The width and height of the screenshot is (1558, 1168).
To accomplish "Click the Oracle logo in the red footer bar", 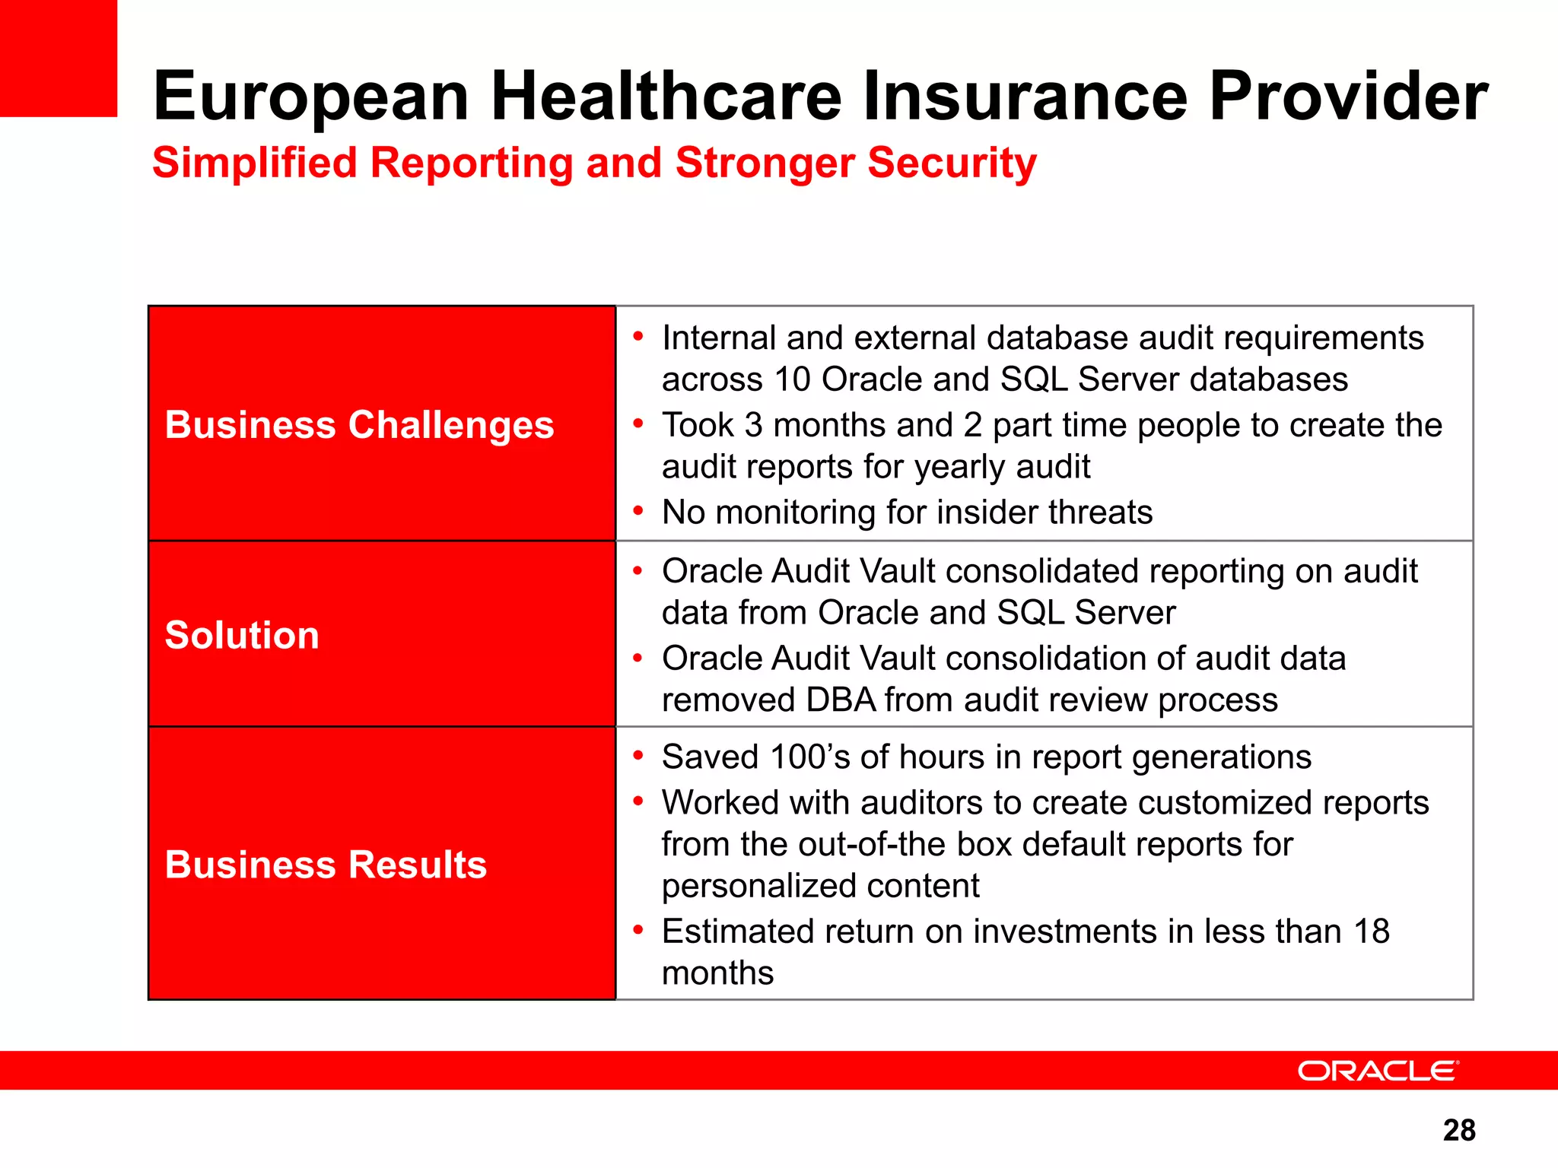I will click(1378, 1071).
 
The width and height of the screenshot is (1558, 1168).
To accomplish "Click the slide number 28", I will click(1459, 1131).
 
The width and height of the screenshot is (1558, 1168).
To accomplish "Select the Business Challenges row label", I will click(359, 424).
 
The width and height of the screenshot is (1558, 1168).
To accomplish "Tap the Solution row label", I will click(242, 635).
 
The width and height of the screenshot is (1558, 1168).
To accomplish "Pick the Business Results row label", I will click(326, 865).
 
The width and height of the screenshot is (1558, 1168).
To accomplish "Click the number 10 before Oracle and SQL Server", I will click(793, 379).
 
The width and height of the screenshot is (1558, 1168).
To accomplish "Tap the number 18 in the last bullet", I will click(1372, 932).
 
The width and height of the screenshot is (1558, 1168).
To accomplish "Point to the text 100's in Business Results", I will click(809, 757).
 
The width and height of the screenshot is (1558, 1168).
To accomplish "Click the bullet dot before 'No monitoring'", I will click(638, 510).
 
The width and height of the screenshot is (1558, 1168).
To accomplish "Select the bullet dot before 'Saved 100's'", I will click(638, 755).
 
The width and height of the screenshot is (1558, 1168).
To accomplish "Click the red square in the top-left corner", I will click(59, 59).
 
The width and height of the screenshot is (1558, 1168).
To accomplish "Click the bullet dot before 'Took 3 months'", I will click(638, 423).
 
